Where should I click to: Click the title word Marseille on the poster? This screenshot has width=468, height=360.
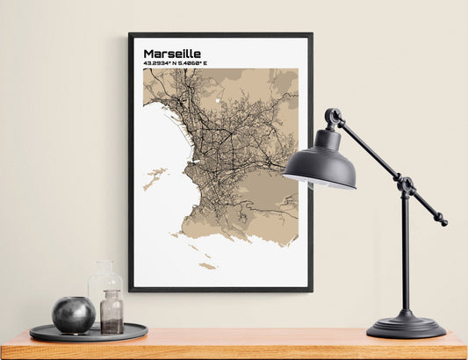tap(172, 53)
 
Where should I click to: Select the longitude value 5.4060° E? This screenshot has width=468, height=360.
tap(204, 64)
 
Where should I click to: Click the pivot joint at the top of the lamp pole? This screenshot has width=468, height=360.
tap(406, 185)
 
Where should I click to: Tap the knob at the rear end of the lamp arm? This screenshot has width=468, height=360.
tap(443, 222)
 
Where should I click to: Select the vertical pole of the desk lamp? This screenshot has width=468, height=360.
tap(405, 255)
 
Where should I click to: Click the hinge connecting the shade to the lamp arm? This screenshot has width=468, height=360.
tap(333, 116)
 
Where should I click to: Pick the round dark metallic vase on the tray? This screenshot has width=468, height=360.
tap(73, 314)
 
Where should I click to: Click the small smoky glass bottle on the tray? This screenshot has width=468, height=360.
tap(112, 313)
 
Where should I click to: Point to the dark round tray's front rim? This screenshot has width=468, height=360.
tap(88, 337)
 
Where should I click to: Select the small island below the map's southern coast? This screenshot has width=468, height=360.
tap(207, 265)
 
